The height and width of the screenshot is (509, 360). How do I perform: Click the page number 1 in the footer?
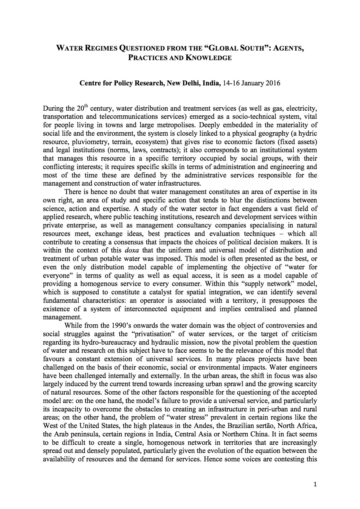(315, 484)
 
